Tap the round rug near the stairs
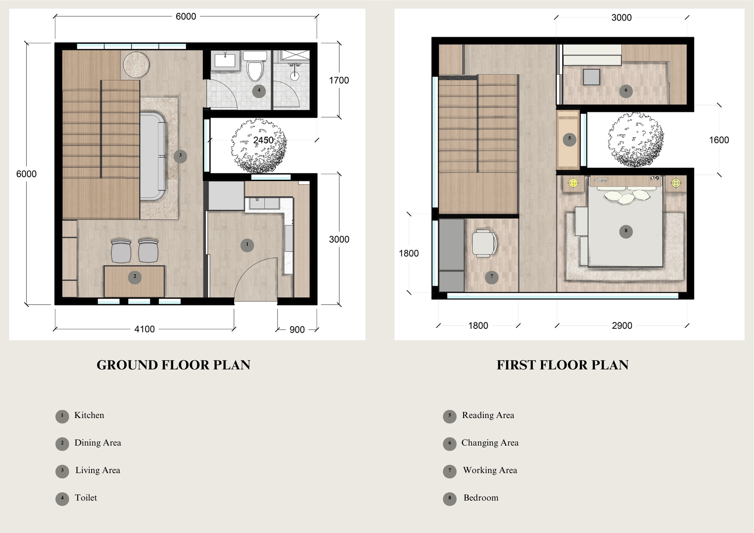tap(136, 65)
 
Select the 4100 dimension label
tap(144, 329)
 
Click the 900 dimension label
tap(297, 330)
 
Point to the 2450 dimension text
tap(264, 140)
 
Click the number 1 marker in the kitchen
tap(247, 245)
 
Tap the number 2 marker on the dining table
tap(135, 277)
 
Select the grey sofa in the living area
tap(153, 156)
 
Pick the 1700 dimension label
tap(339, 80)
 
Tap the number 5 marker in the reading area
tap(570, 139)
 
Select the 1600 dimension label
tap(719, 140)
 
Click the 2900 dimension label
tap(622, 326)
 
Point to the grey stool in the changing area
tap(592, 77)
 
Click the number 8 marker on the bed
tap(626, 231)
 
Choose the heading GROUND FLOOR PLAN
tap(173, 365)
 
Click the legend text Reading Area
tap(488, 415)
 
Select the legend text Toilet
tap(86, 498)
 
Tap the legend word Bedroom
tap(481, 498)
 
